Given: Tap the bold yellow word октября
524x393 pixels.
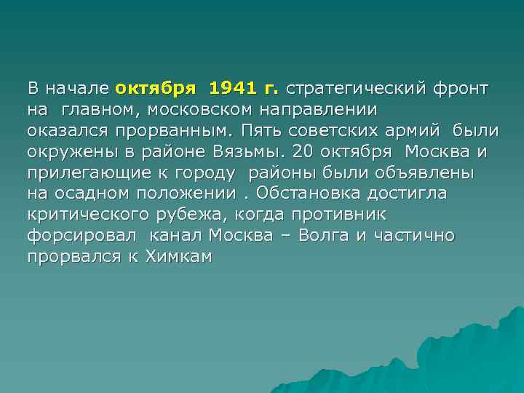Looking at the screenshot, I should point(155,90).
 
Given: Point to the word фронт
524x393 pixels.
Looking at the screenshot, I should point(461,90).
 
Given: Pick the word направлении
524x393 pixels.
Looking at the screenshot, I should point(334,111).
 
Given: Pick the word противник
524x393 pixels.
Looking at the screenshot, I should point(338,215).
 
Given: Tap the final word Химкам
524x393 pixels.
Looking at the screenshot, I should point(178,257).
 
